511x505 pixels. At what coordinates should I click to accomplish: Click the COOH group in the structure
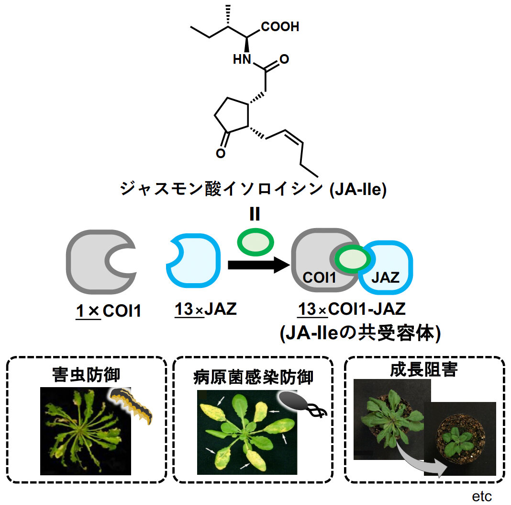point(280,27)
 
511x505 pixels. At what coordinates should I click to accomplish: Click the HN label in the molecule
point(242,60)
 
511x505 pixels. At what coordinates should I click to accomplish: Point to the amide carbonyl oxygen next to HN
point(284,60)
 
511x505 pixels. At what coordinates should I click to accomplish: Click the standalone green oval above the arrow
point(256,242)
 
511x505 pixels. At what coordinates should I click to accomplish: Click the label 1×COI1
point(108,310)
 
